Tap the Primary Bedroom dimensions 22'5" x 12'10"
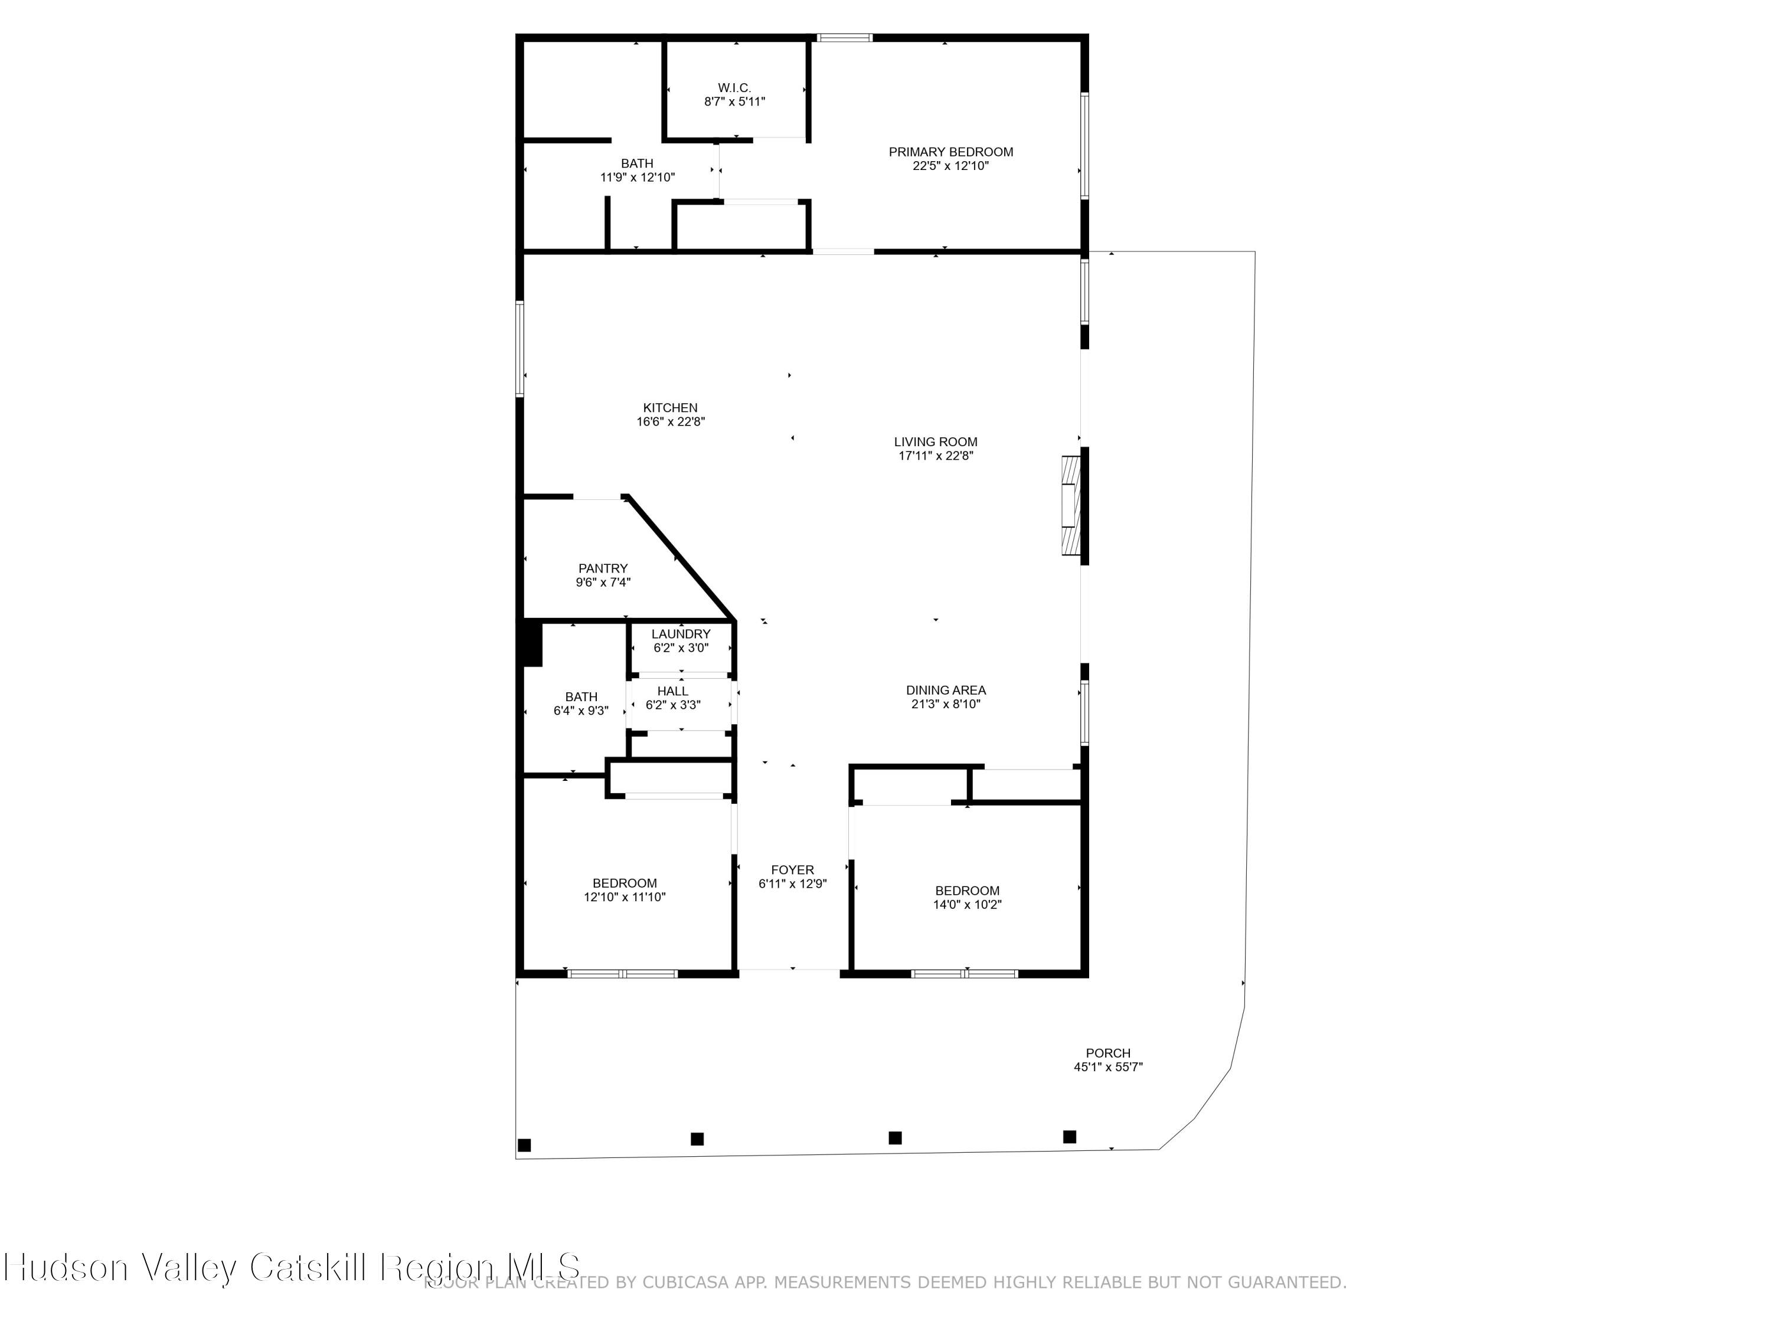[950, 166]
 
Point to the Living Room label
[935, 442]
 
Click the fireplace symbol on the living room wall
[1070, 505]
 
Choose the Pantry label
[603, 569]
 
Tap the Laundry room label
[681, 634]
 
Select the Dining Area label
[946, 690]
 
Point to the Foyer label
[792, 870]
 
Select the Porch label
[1108, 1054]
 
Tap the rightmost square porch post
[1069, 1137]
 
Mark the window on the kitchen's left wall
[519, 349]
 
